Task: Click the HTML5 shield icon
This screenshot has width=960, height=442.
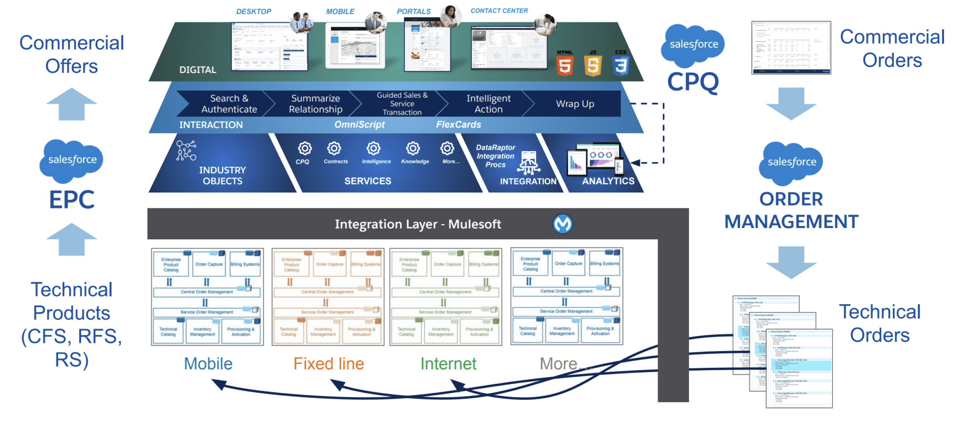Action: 565,64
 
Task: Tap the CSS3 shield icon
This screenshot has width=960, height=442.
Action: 621,64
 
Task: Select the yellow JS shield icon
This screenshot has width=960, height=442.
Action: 593,64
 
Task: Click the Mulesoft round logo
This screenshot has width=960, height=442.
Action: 562,224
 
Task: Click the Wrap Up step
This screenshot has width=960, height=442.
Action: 575,104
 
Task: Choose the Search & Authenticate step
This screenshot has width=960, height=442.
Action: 229,104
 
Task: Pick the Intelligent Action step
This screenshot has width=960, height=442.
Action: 488,104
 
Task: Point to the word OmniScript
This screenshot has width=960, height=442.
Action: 359,125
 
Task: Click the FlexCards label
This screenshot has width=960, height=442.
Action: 458,125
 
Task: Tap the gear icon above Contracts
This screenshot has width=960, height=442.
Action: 334,149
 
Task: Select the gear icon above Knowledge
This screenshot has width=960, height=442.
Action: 413,149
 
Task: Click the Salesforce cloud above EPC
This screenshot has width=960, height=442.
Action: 72,160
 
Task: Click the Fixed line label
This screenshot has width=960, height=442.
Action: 329,364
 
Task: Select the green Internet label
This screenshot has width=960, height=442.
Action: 448,364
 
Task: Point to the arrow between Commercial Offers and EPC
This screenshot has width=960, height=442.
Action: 72,104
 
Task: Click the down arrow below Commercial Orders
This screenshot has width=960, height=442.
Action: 791,104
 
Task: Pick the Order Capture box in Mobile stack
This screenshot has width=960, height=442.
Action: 209,264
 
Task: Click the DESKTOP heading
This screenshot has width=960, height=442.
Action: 254,11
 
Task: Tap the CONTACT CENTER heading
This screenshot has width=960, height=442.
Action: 499,11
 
